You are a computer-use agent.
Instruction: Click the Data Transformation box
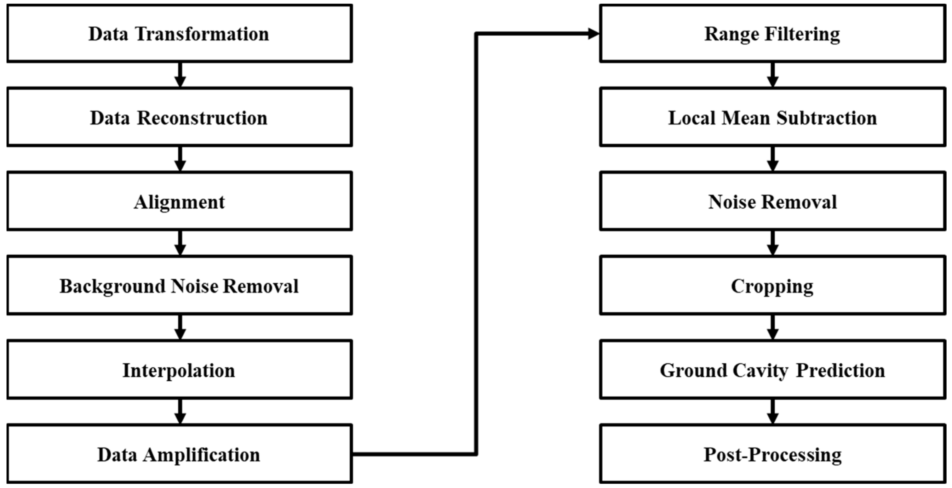pyautogui.click(x=179, y=33)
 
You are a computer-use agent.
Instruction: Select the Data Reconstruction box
pyautogui.click(x=179, y=117)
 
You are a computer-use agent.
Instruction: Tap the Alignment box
pyautogui.click(x=179, y=202)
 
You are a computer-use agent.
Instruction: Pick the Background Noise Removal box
pyautogui.click(x=179, y=286)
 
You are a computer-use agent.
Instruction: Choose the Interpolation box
pyautogui.click(x=179, y=370)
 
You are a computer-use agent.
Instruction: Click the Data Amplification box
pyautogui.click(x=179, y=454)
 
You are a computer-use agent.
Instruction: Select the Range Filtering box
pyautogui.click(x=772, y=33)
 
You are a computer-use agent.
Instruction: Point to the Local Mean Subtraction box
pyautogui.click(x=772, y=117)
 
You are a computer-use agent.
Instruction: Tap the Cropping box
pyautogui.click(x=772, y=286)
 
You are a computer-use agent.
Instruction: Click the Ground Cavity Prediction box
pyautogui.click(x=772, y=370)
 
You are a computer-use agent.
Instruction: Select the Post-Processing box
pyautogui.click(x=772, y=454)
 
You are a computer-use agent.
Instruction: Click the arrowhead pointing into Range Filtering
pyautogui.click(x=593, y=34)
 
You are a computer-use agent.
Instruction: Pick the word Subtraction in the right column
pyautogui.click(x=826, y=118)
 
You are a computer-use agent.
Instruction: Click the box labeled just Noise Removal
pyautogui.click(x=772, y=202)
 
